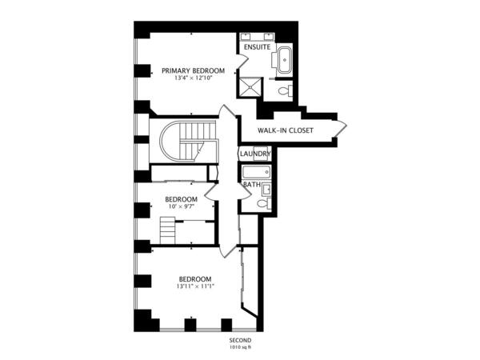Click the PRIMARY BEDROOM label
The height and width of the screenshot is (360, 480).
click(193, 70)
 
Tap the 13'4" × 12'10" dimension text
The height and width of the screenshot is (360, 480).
click(193, 78)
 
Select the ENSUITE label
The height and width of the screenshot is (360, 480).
click(257, 47)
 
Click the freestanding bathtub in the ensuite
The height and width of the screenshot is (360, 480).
click(284, 60)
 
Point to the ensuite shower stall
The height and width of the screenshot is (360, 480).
click(250, 87)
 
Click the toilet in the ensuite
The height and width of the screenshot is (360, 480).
click(285, 90)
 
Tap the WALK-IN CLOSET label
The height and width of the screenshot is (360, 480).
click(286, 130)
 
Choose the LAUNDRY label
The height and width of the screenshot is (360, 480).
click(255, 154)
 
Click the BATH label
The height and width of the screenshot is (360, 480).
click(252, 185)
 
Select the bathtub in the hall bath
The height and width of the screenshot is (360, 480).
click(257, 172)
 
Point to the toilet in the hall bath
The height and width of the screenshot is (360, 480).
click(263, 202)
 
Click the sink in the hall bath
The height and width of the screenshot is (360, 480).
click(266, 190)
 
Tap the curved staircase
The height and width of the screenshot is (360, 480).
click(189, 141)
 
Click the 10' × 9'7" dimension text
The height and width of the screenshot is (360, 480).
click(182, 206)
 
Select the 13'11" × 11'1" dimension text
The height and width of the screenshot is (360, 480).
click(195, 286)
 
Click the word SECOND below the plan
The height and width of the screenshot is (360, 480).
click(240, 341)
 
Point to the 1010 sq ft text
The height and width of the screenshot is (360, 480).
click(240, 347)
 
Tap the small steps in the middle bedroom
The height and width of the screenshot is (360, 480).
click(167, 230)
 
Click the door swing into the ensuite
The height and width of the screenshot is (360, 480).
click(242, 62)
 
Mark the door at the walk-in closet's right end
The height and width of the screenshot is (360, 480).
click(341, 128)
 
